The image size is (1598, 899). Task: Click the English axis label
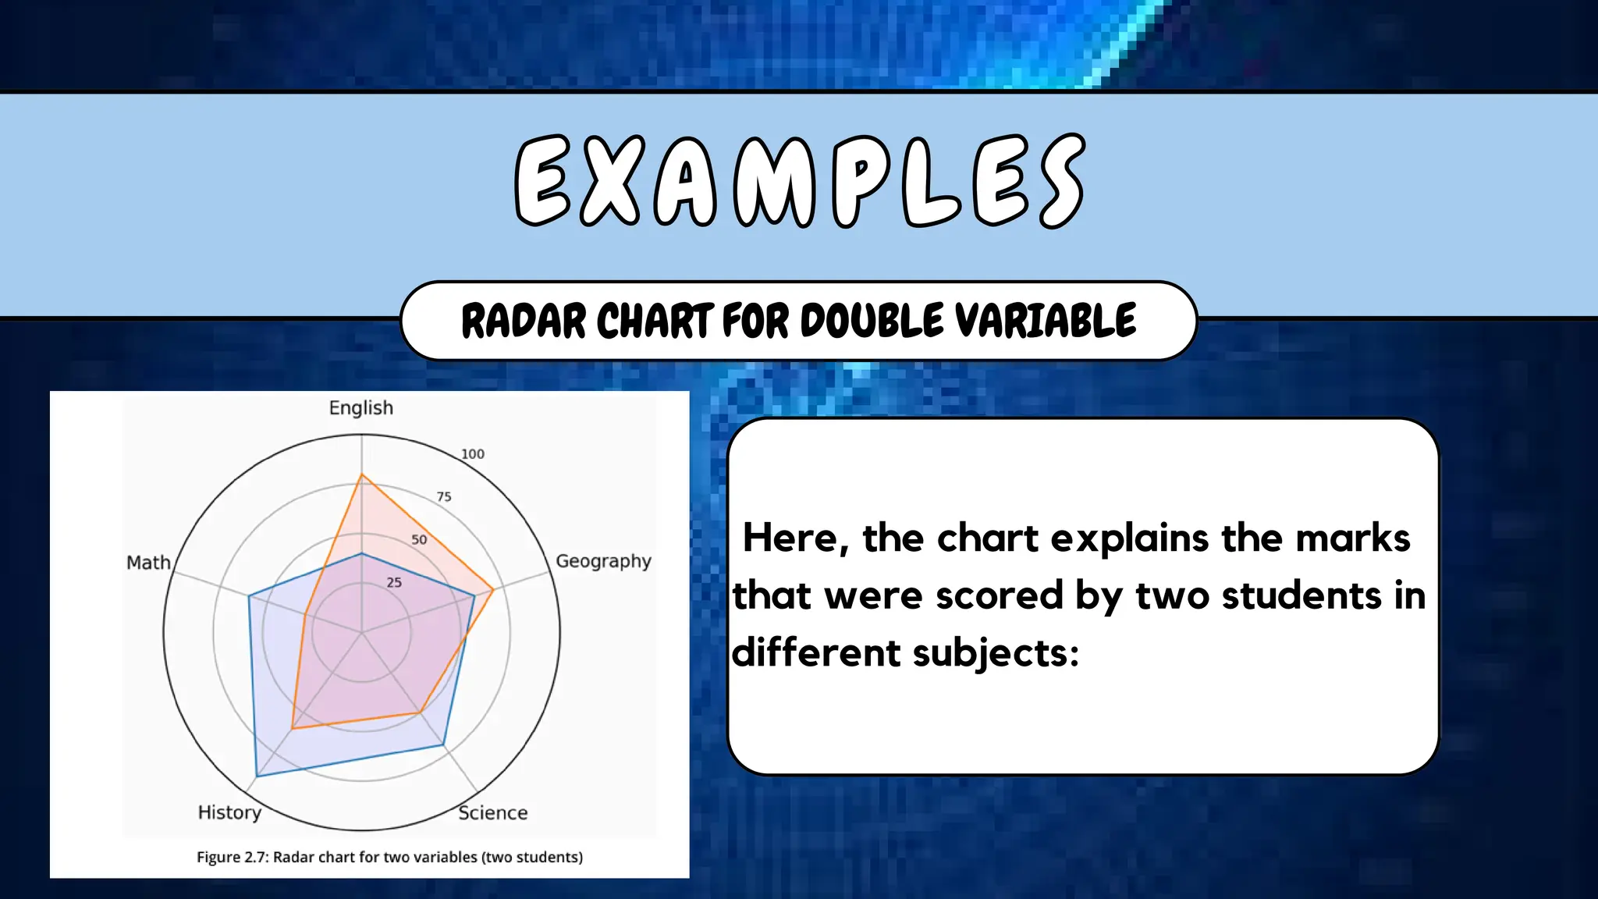click(360, 408)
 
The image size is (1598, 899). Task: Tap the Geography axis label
click(602, 562)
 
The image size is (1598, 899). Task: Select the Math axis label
click(148, 563)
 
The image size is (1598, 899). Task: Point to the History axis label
click(229, 812)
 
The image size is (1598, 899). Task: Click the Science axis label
click(492, 813)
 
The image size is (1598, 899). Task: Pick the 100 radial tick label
click(473, 454)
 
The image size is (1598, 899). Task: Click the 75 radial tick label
click(444, 497)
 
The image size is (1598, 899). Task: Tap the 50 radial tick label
click(419, 540)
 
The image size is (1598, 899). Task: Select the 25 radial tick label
click(394, 583)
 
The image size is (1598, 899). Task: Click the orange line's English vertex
click(361, 474)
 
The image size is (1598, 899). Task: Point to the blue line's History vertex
click(257, 776)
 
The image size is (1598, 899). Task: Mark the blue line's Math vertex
click(249, 596)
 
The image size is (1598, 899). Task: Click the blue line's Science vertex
click(443, 745)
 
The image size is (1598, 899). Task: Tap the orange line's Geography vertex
click(493, 590)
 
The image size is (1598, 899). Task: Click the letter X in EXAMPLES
click(612, 181)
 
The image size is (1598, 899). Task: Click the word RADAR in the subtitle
click(524, 321)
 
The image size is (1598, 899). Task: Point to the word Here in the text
click(796, 538)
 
